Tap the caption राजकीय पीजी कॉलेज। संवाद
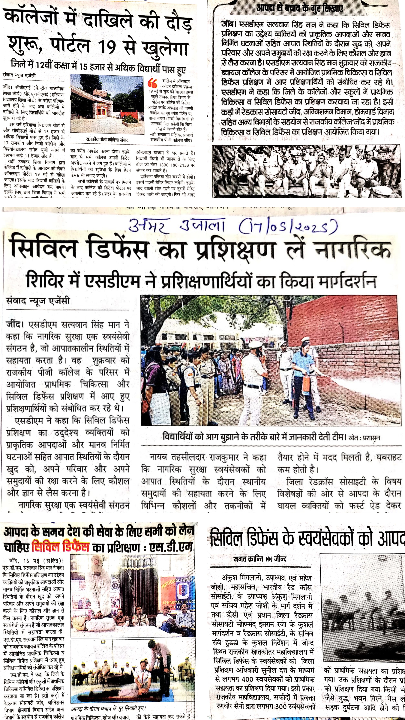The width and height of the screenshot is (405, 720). click(x=107, y=139)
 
